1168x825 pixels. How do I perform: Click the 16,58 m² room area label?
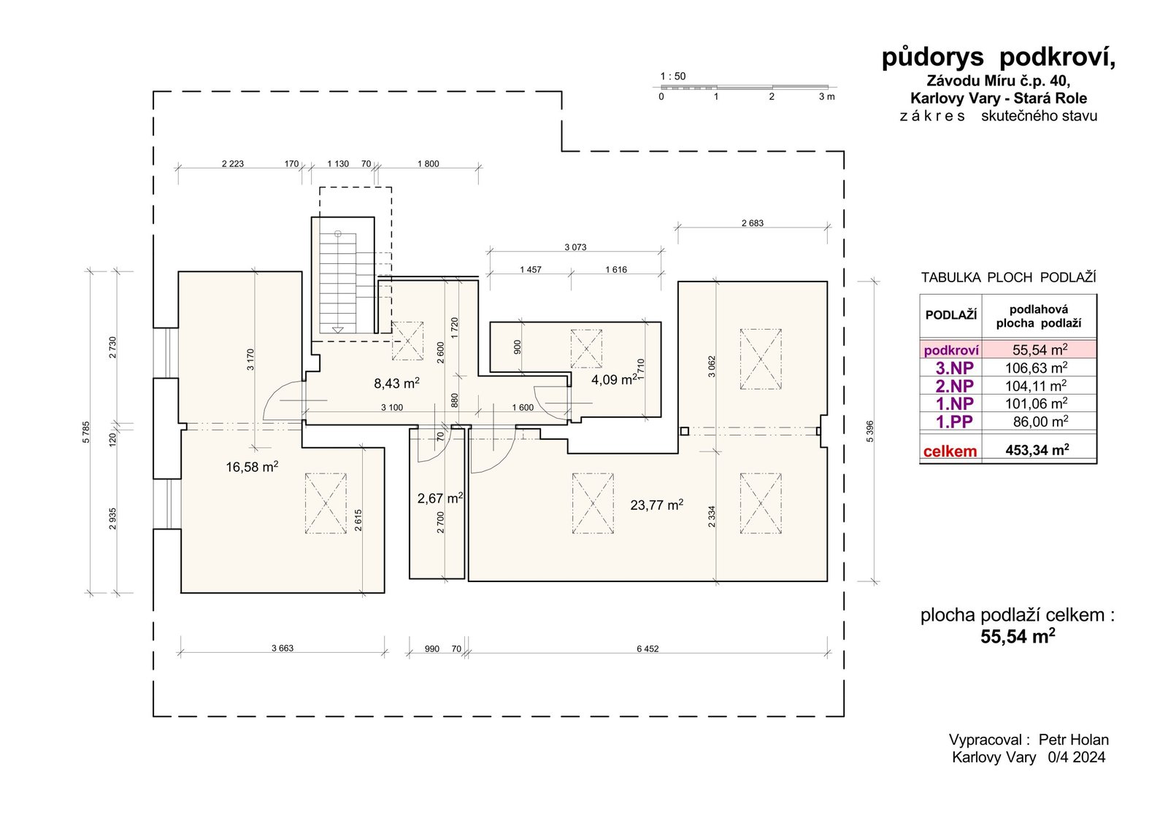pos(252,466)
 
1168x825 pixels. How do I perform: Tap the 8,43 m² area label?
pos(397,383)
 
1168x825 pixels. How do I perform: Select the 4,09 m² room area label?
pos(614,379)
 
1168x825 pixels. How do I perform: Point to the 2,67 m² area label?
pos(440,497)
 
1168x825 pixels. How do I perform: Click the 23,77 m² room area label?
pos(656,504)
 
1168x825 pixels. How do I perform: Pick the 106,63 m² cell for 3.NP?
pos(1036,368)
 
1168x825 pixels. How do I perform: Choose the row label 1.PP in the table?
pos(954,422)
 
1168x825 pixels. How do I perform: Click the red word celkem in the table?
pos(950,451)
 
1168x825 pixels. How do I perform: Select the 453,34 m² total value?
pos(1037,450)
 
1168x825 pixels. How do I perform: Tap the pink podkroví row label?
pos(951,350)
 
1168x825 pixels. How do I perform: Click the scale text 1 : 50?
pos(673,76)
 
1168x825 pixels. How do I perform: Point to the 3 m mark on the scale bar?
pos(827,96)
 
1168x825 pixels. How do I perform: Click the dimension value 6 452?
pos(648,648)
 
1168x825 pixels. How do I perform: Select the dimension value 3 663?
pos(282,648)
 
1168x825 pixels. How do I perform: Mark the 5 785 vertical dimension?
pos(86,432)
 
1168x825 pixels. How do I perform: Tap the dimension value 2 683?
pos(753,223)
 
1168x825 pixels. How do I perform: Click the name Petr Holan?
pos(1074,740)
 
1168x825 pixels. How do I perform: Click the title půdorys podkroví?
pos(998,58)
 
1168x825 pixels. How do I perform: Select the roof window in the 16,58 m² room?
pos(326,503)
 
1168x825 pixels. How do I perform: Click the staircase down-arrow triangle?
pos(338,330)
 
